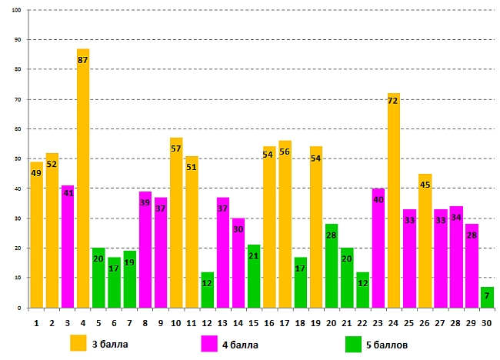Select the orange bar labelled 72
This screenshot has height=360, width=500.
(x=394, y=200)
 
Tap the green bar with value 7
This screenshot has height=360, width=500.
(x=487, y=297)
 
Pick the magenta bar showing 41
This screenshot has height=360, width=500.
(x=68, y=246)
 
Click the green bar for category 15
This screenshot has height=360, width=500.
(x=254, y=276)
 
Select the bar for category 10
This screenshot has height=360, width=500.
(x=176, y=222)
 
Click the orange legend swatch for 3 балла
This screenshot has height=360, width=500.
(x=78, y=342)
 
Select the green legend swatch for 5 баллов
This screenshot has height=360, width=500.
(x=355, y=342)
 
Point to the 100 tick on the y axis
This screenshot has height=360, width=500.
(x=16, y=10)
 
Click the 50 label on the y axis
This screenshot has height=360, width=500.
(x=18, y=158)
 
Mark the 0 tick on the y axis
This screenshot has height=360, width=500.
(x=19, y=308)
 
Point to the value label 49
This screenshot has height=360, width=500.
(x=36, y=172)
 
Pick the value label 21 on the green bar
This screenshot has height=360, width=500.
(x=254, y=255)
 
